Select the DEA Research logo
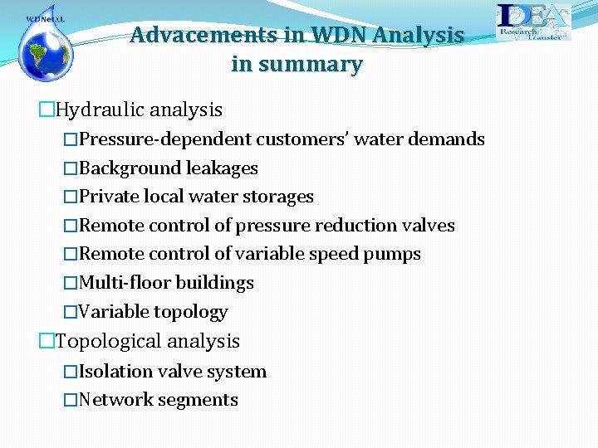tap(534, 22)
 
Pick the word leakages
tap(222, 168)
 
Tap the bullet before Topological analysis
tap(47, 341)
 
